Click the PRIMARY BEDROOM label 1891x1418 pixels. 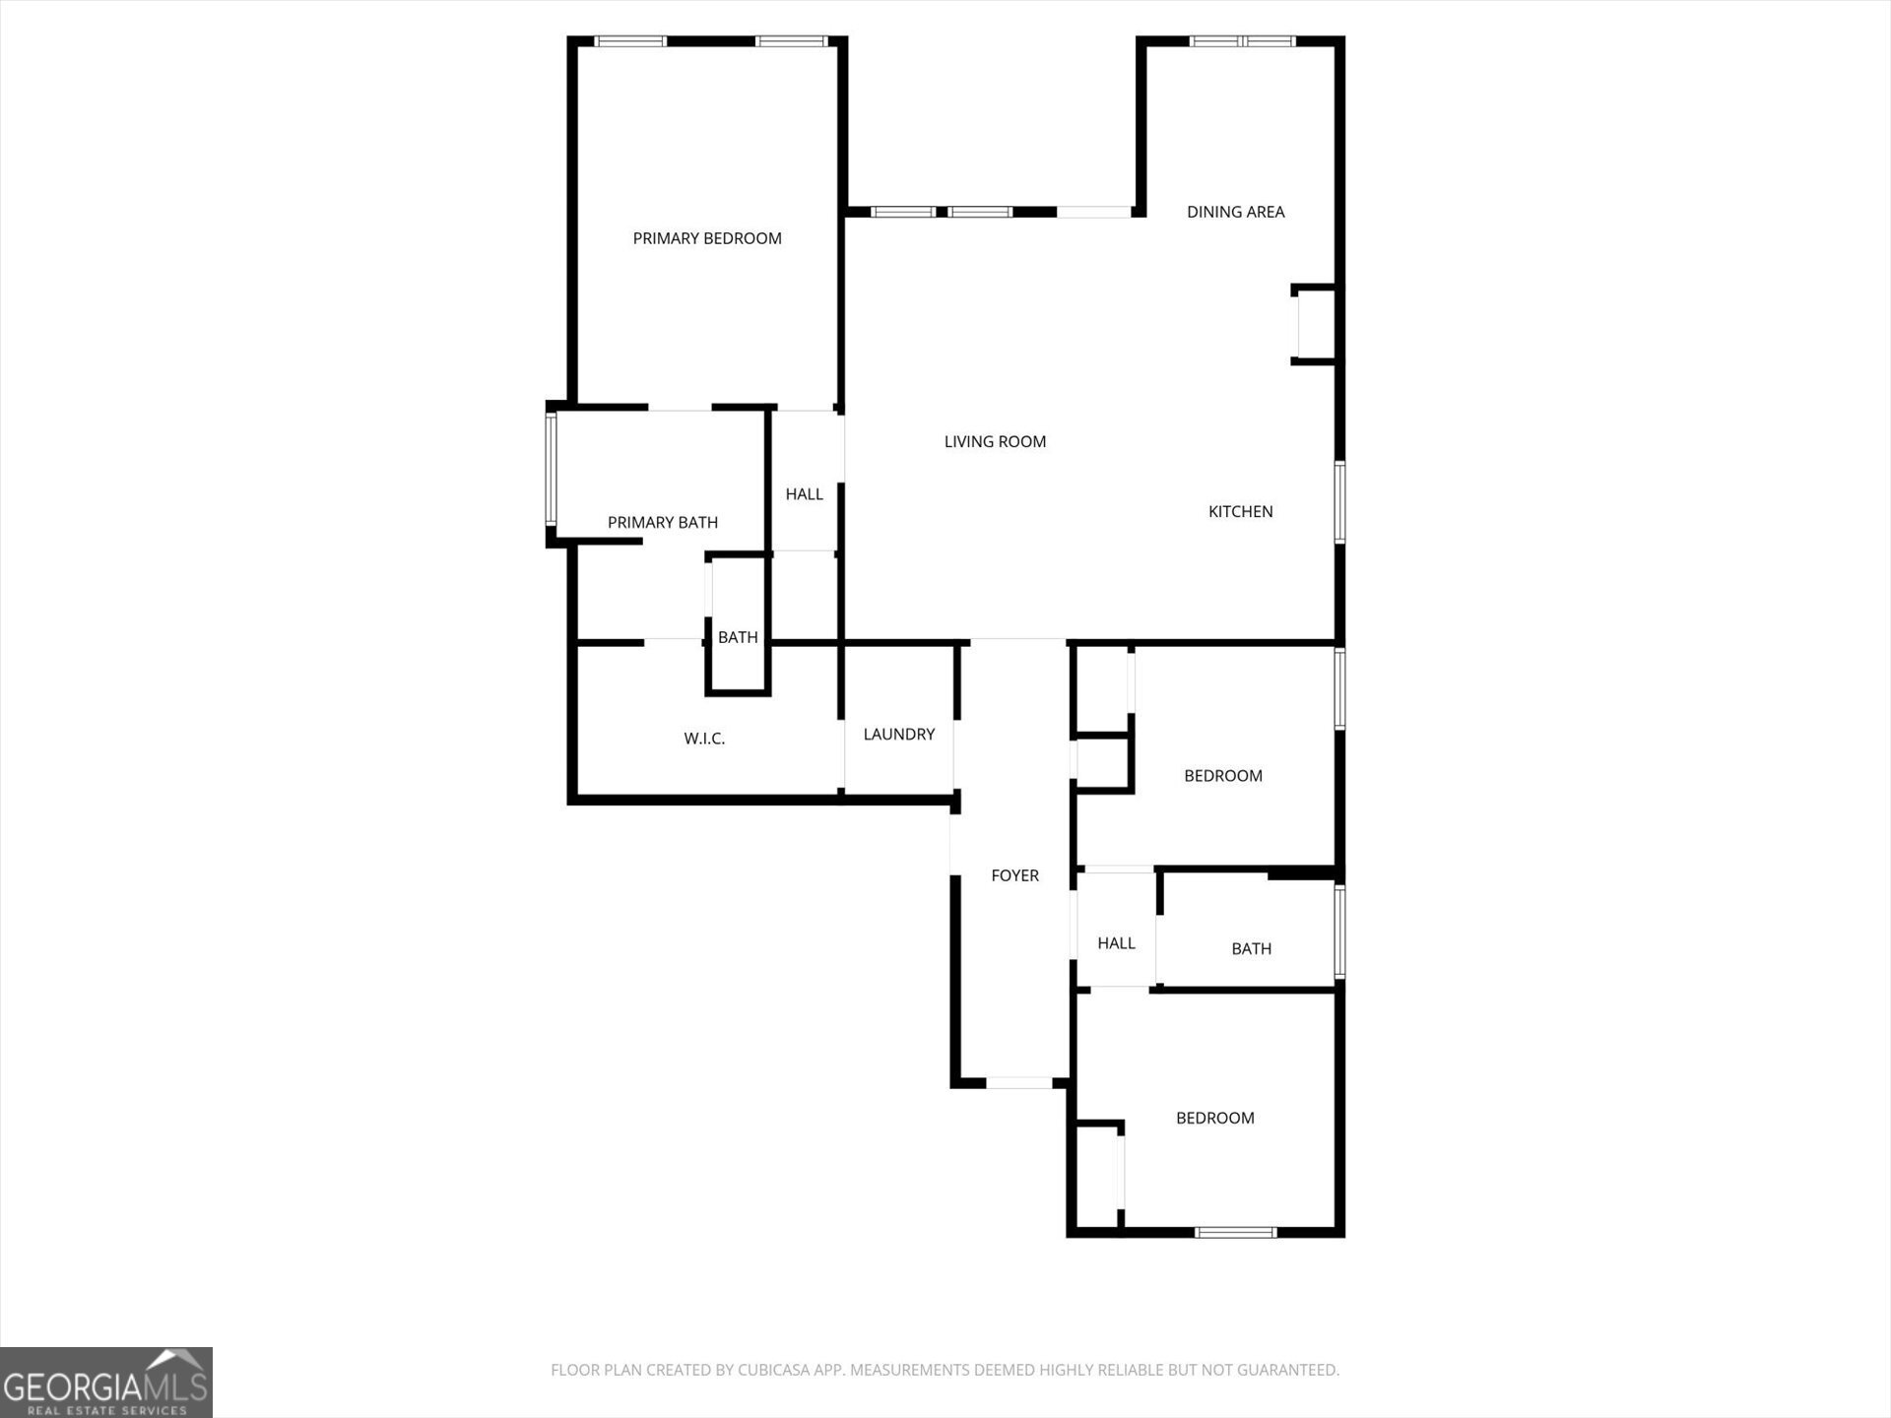click(706, 238)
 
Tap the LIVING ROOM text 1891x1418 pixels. click(995, 442)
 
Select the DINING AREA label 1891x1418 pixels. click(1235, 212)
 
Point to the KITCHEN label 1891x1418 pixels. click(1240, 511)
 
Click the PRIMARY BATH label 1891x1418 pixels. click(662, 523)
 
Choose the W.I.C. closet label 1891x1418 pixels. click(704, 739)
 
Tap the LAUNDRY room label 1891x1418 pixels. click(898, 735)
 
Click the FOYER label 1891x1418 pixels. click(1014, 875)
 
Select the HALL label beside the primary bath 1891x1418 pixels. click(804, 494)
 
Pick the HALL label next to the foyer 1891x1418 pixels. click(1116, 943)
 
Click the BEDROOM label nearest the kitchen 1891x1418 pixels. click(1222, 776)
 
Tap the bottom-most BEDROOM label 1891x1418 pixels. click(1214, 1119)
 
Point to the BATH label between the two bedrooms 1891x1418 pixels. click(1251, 949)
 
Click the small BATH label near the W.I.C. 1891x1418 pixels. click(738, 638)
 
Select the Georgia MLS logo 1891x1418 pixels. click(106, 1383)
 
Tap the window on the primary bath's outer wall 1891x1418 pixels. click(552, 469)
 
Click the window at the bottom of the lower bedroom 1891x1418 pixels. click(1235, 1232)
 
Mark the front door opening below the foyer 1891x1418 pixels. click(1018, 1083)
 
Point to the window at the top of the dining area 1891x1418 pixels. click(1242, 41)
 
